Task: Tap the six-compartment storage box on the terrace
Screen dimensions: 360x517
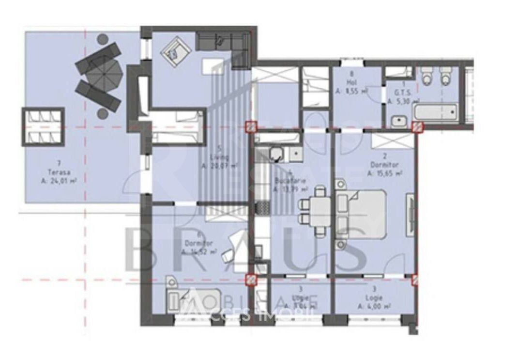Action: pyautogui.click(x=43, y=126)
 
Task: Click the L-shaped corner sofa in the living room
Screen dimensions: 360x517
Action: pyautogui.click(x=224, y=43)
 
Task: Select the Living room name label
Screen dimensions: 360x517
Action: pyautogui.click(x=215, y=157)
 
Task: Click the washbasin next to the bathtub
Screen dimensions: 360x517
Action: pyautogui.click(x=400, y=121)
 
